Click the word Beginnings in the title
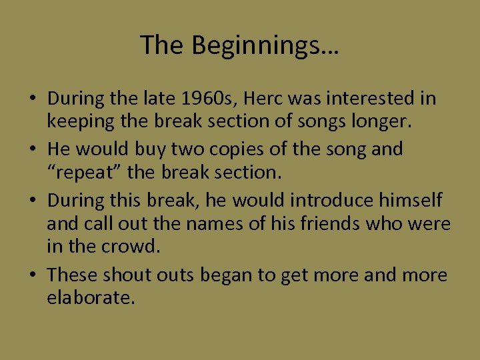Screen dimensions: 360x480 pyautogui.click(x=265, y=46)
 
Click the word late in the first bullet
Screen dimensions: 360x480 pyautogui.click(x=157, y=99)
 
